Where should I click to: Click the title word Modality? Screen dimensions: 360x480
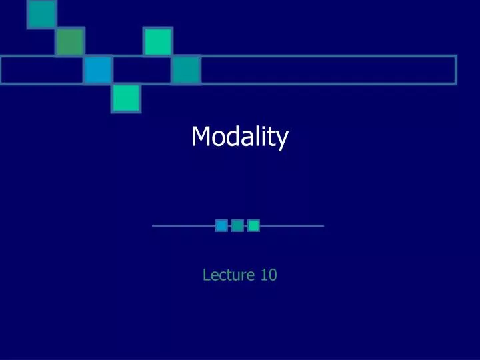[x=239, y=137]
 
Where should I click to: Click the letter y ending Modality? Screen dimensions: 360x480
[x=283, y=140]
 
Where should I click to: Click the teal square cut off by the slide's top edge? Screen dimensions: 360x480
[x=41, y=13]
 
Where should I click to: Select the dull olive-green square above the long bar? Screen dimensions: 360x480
[x=69, y=41]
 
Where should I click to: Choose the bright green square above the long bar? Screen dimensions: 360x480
[x=158, y=41]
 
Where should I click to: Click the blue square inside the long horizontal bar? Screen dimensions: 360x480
[x=98, y=70]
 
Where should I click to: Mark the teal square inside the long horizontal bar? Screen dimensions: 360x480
[x=187, y=70]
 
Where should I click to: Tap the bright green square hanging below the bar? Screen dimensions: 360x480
[x=126, y=98]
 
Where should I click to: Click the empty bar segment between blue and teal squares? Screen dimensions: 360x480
[x=142, y=70]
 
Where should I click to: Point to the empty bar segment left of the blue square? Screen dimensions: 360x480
[x=42, y=70]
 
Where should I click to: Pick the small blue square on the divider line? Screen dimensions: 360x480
[x=221, y=226]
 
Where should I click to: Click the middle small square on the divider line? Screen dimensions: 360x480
[x=237, y=226]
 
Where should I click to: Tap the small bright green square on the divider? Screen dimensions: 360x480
[x=253, y=226]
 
